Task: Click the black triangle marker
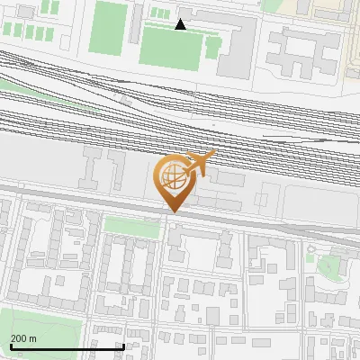pyautogui.click(x=181, y=24)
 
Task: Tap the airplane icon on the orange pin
pyautogui.click(x=200, y=163)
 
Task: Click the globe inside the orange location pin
pyautogui.click(x=171, y=175)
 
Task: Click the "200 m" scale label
pyautogui.click(x=23, y=338)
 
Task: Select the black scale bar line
pyautogui.click(x=67, y=346)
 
